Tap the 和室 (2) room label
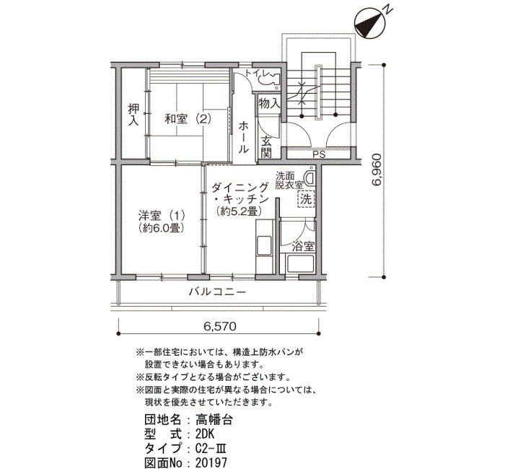(188, 119)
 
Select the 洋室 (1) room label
(162, 214)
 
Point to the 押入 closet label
(133, 114)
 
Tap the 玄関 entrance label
(266, 147)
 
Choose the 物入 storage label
(269, 104)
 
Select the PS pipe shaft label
(319, 154)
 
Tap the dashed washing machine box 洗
(306, 198)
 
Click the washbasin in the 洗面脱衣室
(310, 178)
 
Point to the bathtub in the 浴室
(301, 263)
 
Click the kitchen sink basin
(264, 245)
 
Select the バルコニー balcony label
(217, 292)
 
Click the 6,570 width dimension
(219, 327)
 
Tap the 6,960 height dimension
(376, 170)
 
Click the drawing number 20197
(211, 463)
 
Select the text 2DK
(205, 434)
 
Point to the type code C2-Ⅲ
(213, 448)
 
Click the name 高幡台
(214, 420)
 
